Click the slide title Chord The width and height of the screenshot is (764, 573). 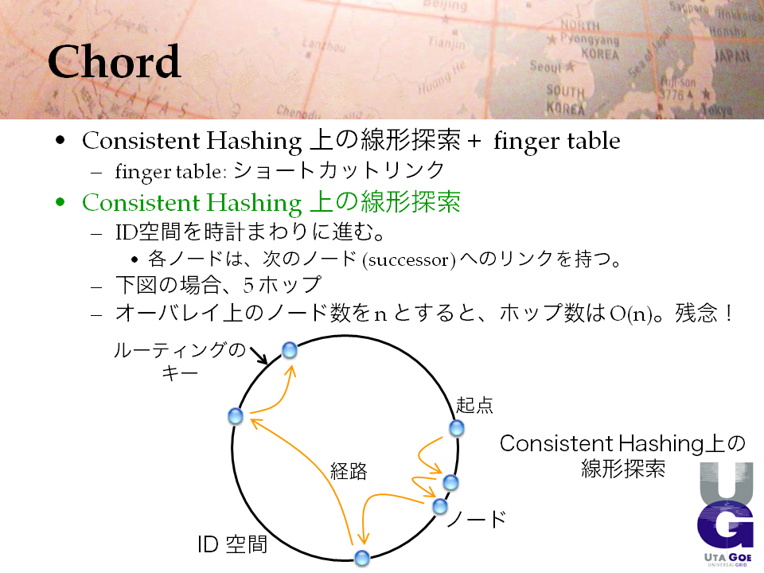coord(114,61)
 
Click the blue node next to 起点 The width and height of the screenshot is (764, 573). coord(457,428)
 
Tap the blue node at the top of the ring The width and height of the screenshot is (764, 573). coord(290,350)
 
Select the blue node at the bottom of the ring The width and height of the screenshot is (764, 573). coord(361,559)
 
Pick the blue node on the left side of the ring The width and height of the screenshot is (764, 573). coord(236,416)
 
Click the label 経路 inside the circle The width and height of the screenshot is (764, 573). coord(349,471)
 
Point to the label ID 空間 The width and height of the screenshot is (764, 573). coord(232,544)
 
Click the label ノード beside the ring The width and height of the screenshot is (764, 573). coord(476,519)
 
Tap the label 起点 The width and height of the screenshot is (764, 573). coord(474,405)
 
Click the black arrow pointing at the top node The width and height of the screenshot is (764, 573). coord(259,355)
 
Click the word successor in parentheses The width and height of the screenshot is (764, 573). coord(409,259)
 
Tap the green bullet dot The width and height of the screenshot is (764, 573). coord(60,201)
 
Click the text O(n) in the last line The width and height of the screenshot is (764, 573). coord(631,314)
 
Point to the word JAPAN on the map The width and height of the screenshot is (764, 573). coord(732,56)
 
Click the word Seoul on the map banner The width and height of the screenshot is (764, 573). coord(546,66)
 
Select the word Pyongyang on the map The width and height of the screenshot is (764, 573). coord(590,40)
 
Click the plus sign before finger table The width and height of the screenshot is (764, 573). coord(474,142)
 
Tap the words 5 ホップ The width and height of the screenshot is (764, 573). coord(282,285)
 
